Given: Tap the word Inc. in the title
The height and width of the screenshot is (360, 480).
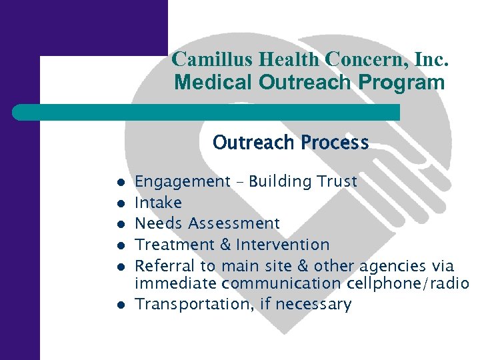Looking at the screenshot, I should (x=431, y=59).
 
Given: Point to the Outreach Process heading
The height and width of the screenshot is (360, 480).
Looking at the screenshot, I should (x=291, y=143).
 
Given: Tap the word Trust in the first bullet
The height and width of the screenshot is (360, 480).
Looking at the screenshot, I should (x=339, y=181).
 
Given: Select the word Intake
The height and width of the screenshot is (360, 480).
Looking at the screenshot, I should (x=158, y=202).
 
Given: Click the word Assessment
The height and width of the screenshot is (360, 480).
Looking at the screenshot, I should (x=234, y=223).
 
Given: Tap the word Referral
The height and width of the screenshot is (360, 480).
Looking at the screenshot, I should (x=161, y=265).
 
